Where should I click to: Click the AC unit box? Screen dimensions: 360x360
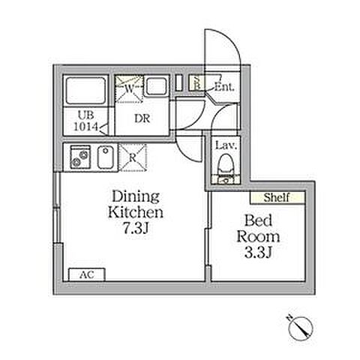tap(87, 274)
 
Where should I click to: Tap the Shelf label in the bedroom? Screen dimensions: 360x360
tap(277, 197)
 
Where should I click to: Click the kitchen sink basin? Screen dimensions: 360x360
tap(106, 157)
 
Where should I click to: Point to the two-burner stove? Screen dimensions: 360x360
tap(80, 157)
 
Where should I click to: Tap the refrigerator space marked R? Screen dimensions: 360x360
tap(133, 157)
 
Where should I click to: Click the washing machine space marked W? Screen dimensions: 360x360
tap(129, 88)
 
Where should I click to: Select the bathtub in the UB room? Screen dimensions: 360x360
tap(85, 91)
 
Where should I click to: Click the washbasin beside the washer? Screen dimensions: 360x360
tap(156, 86)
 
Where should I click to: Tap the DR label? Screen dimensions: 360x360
tap(142, 118)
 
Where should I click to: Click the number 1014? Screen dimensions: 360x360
tap(86, 127)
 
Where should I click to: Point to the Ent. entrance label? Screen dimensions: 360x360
tap(224, 87)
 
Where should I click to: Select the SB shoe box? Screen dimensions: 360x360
tap(196, 82)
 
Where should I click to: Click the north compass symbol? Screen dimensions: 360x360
tap(300, 326)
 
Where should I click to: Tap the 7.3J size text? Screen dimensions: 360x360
tap(136, 228)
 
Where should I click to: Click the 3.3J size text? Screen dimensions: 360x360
tap(258, 253)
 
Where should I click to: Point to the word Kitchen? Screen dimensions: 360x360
tap(136, 212)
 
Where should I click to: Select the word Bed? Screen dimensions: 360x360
tap(258, 220)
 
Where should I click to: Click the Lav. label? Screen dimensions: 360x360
tap(226, 145)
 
